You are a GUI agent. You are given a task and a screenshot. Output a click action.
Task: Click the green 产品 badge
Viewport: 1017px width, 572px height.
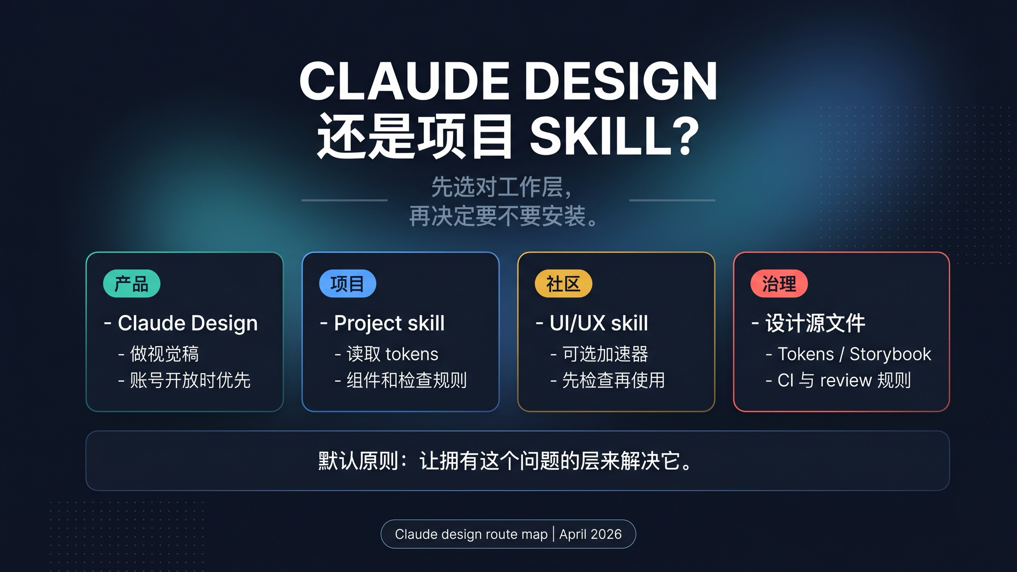(131, 283)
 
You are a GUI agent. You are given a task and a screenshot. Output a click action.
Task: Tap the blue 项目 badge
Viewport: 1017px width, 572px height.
(347, 283)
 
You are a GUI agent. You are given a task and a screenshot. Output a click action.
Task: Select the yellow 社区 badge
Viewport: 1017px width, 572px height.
(563, 283)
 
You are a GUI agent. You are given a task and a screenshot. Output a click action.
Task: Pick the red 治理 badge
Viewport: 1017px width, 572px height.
(779, 283)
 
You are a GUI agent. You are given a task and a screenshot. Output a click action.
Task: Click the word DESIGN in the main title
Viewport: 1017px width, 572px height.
(623, 81)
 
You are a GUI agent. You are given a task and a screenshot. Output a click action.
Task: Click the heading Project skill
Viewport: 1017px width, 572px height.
(389, 323)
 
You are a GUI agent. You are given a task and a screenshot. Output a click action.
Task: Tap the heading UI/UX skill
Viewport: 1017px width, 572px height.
(598, 323)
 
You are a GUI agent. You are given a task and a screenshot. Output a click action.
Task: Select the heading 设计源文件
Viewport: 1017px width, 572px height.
(815, 323)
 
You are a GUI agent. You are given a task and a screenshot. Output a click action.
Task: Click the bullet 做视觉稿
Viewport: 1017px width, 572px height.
(164, 354)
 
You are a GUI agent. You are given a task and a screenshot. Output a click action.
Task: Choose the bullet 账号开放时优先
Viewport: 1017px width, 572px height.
(190, 380)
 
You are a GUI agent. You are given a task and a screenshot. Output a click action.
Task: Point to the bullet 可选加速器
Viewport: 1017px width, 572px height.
(605, 354)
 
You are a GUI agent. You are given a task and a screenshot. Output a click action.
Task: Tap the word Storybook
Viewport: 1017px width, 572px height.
(890, 354)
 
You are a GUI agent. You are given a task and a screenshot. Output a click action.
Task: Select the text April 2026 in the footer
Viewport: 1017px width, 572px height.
(590, 534)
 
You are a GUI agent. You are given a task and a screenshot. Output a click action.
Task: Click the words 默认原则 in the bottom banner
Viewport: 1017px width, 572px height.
(358, 461)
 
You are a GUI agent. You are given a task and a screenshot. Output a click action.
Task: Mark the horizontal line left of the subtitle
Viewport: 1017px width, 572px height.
(344, 200)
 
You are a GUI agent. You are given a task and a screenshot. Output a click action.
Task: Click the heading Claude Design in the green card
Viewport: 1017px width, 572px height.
(187, 323)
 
